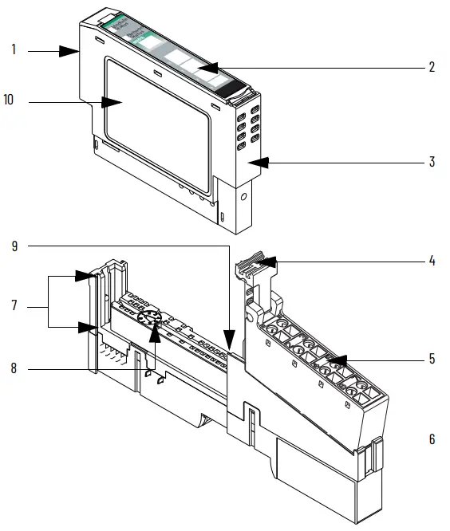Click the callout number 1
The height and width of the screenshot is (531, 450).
14,50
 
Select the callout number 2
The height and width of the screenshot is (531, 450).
432,67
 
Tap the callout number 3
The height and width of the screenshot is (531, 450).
432,162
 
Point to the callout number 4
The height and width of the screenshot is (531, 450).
432,261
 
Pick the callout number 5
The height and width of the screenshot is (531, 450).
432,359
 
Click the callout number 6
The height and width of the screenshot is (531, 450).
432,439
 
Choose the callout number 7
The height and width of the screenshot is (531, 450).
14,305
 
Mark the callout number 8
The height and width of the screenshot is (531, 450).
14,368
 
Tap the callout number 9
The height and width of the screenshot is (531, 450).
14,246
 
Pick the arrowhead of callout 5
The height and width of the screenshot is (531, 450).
336,360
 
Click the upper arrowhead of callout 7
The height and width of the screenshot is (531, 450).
89,277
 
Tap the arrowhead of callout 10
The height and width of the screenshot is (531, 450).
113,102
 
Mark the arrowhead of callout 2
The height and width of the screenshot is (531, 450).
204,69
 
